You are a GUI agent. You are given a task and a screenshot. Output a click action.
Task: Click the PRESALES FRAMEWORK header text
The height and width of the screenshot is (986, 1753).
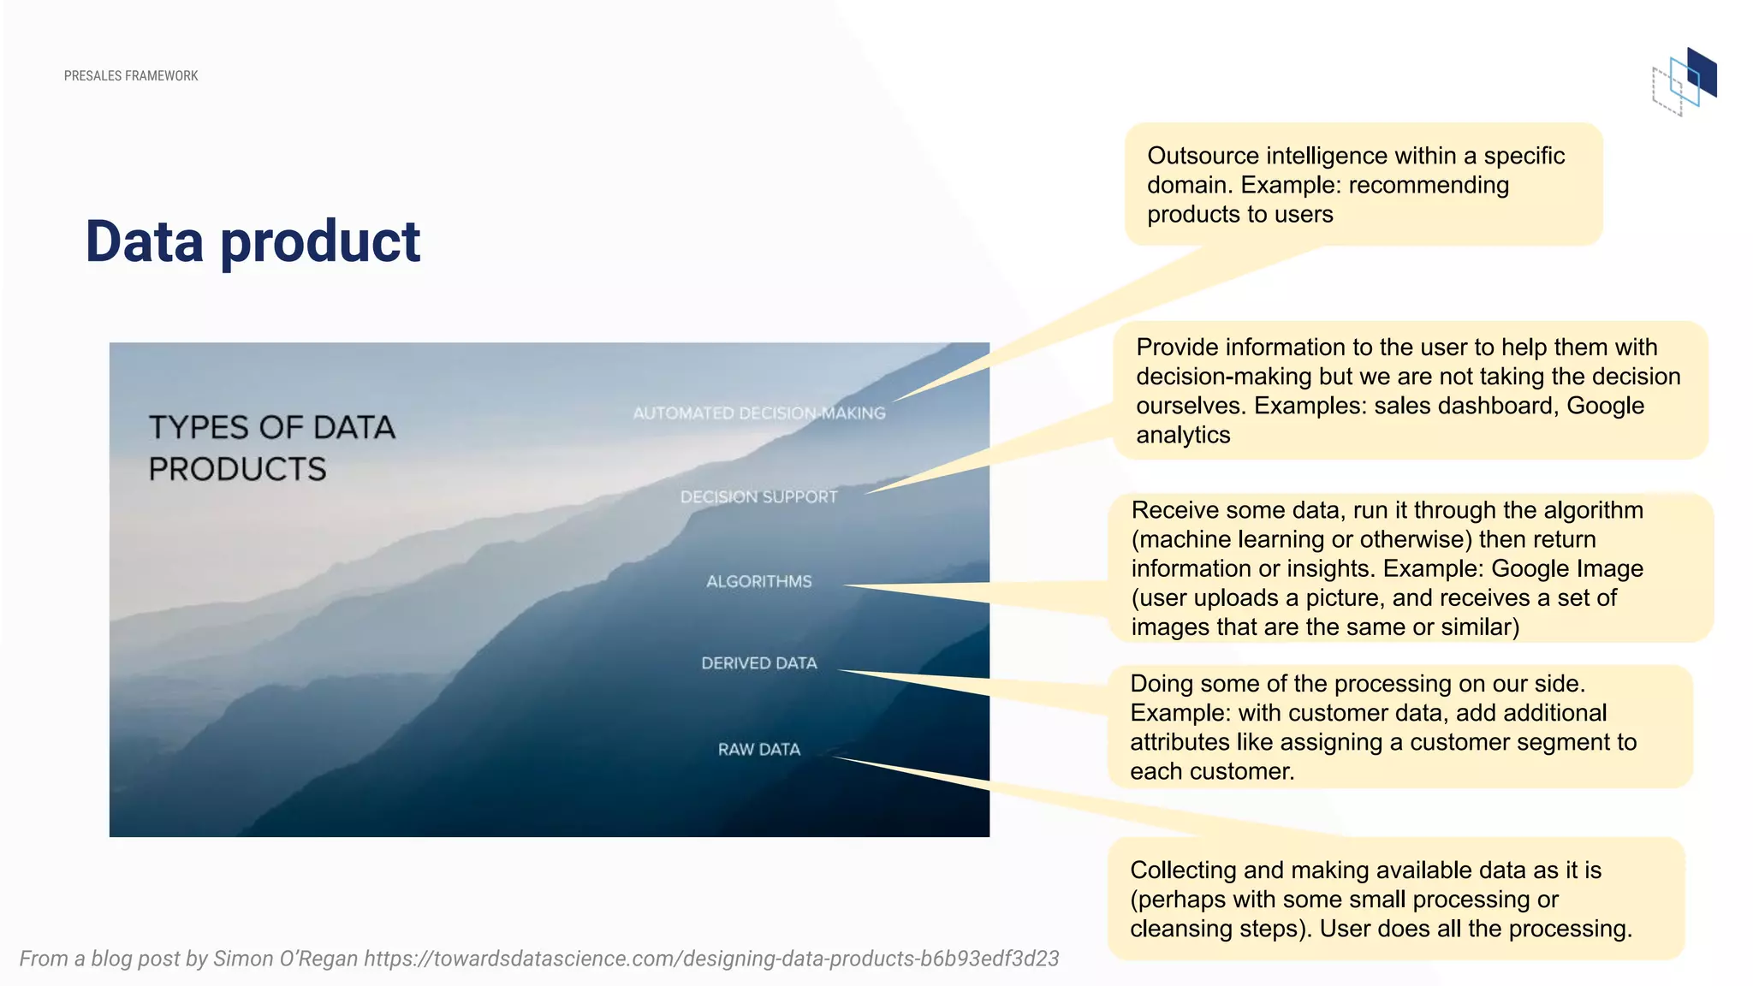[x=131, y=76]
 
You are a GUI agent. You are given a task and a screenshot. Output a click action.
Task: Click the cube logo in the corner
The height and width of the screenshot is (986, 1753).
[x=1685, y=82]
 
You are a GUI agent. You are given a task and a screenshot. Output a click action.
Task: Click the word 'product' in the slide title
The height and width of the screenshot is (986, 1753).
[x=320, y=241]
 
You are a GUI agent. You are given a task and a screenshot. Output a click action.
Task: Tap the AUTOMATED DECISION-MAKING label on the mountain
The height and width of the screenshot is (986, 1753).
[x=758, y=413]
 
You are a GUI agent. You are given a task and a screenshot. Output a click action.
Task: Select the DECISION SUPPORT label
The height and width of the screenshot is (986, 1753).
[x=758, y=497]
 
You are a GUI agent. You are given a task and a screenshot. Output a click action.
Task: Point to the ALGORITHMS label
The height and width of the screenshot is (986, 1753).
[x=758, y=582]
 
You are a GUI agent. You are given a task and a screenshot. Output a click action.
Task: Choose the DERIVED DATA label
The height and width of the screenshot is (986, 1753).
[x=758, y=663]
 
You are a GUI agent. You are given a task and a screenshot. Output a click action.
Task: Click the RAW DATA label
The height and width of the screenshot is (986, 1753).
[x=758, y=750]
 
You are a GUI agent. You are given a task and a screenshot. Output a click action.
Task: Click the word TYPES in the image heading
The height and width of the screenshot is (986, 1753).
[x=199, y=427]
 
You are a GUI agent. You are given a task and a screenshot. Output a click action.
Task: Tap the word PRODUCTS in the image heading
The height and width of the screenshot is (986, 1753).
[x=237, y=469]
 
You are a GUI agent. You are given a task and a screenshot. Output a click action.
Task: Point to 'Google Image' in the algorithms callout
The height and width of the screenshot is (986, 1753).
[x=1566, y=569]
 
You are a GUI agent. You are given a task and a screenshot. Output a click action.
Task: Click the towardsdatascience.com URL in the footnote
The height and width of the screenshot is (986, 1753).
[x=710, y=959]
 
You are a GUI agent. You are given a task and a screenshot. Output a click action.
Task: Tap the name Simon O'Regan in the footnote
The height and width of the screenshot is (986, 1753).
[x=285, y=959]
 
